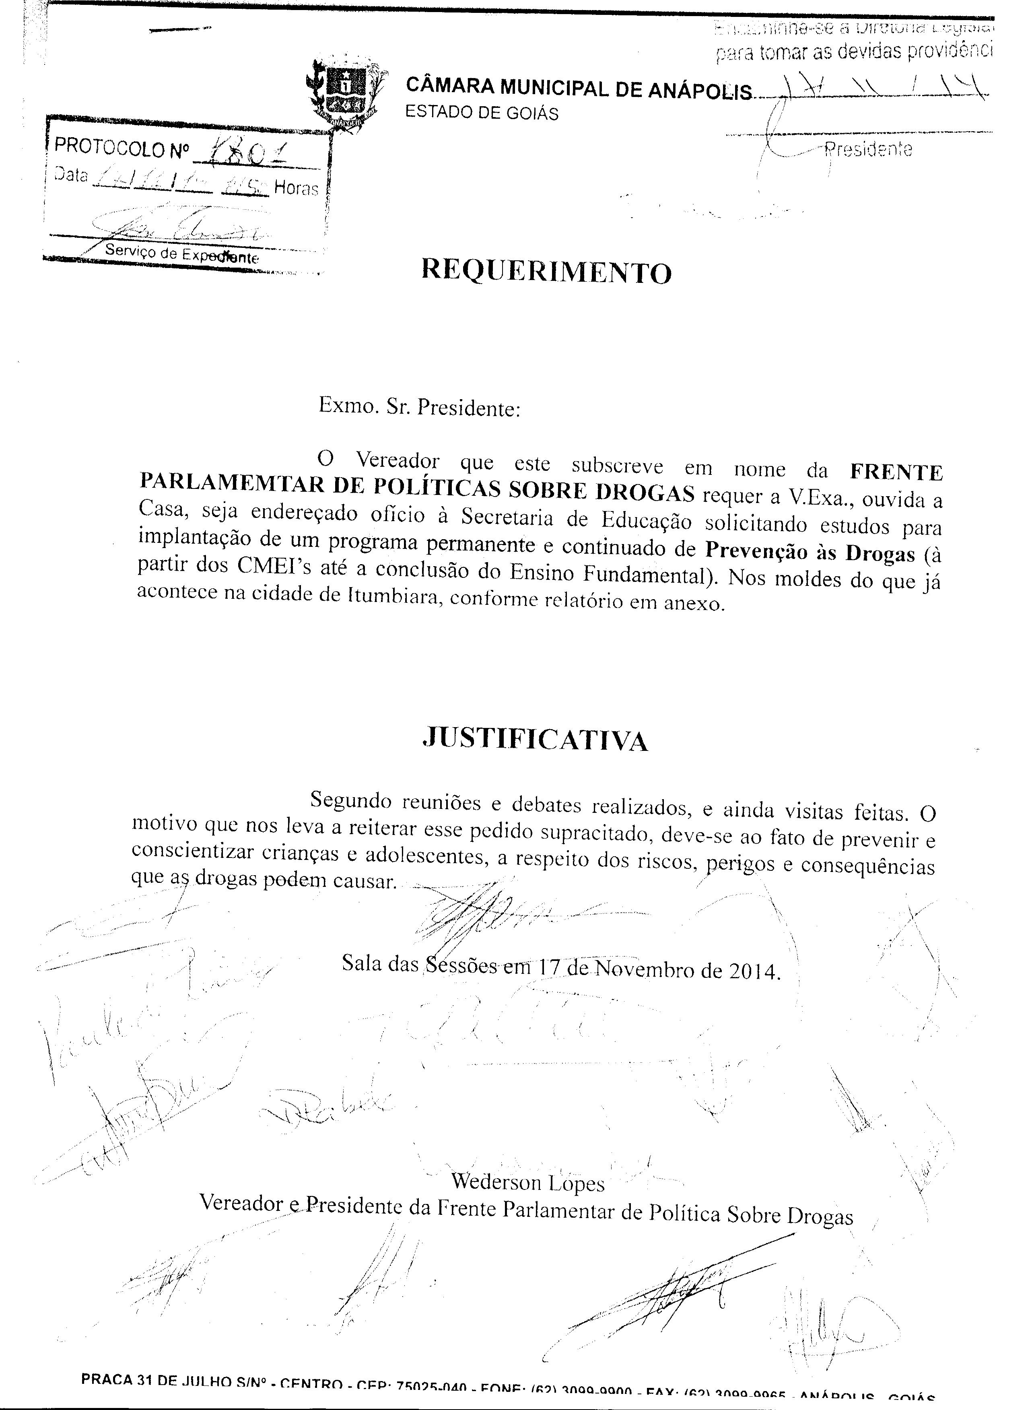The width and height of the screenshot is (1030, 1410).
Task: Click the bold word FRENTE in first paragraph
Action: pos(896,472)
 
